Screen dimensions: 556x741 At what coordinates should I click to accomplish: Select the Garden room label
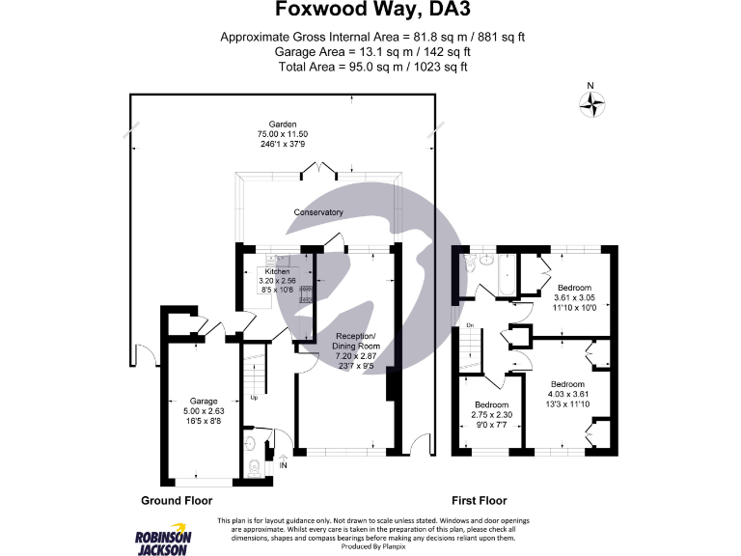tap(281, 125)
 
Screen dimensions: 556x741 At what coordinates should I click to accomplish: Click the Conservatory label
tap(319, 212)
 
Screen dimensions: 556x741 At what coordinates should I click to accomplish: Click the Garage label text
tap(203, 400)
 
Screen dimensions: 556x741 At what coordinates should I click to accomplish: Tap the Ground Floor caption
tap(177, 501)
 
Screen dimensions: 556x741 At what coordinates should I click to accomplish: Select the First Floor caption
tap(480, 501)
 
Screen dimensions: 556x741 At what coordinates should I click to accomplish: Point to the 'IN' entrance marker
tap(283, 466)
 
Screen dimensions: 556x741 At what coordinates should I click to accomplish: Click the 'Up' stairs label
tap(254, 397)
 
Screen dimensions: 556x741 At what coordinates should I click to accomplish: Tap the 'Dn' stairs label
tap(470, 326)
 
